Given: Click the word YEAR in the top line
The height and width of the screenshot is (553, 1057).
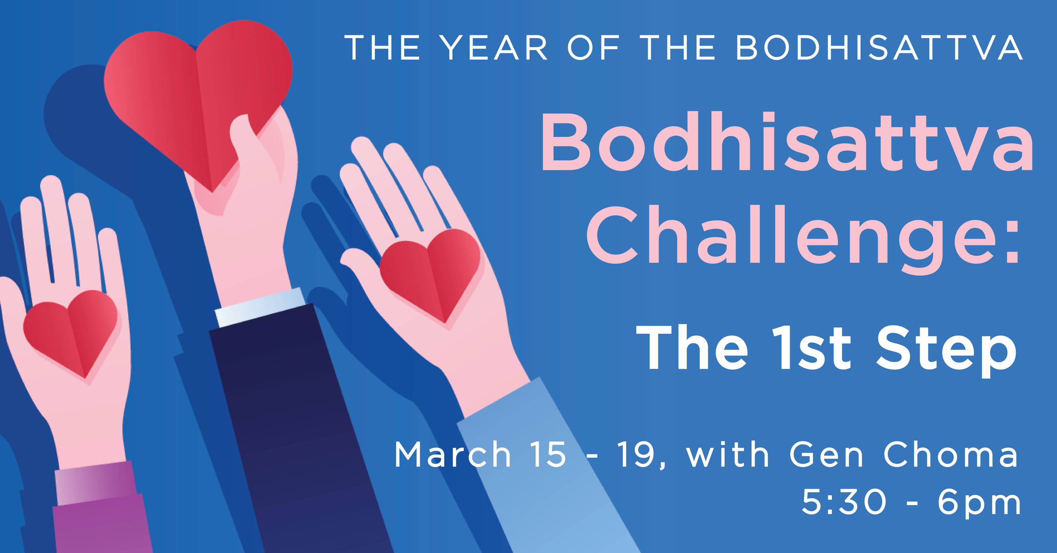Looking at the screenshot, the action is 495,48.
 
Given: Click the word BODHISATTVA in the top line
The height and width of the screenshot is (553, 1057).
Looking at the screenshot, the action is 878,48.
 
